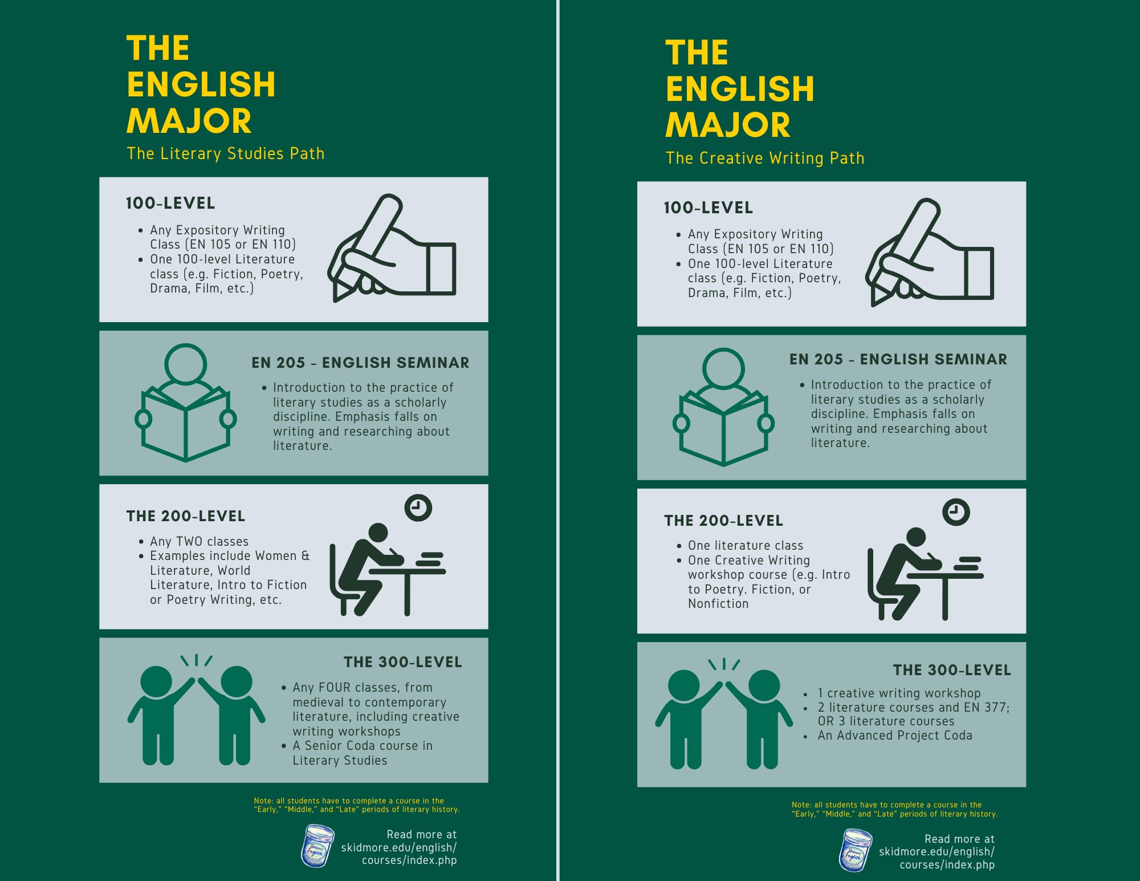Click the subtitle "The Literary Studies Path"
226,153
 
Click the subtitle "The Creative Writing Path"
765,158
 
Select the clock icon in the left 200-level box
418,508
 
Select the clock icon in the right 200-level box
956,512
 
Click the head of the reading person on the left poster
185,364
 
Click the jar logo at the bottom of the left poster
317,846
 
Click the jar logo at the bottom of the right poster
855,850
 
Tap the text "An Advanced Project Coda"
895,736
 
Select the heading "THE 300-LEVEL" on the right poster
952,670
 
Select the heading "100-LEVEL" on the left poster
170,203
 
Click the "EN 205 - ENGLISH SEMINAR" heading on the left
360,363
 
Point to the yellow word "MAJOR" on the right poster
728,125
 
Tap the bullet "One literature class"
746,546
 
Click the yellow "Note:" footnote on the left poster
357,805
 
